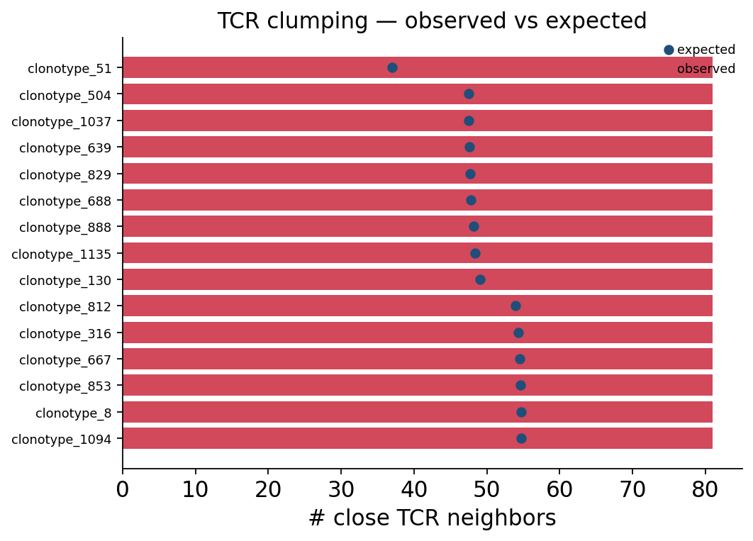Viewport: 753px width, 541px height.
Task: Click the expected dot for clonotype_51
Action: point(392,67)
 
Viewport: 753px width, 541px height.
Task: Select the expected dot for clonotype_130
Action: point(480,280)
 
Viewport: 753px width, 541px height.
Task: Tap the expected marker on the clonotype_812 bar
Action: point(515,306)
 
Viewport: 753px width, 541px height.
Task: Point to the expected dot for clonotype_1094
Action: point(522,439)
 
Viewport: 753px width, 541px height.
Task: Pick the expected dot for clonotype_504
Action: point(469,94)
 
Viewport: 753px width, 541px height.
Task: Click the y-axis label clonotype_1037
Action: point(62,122)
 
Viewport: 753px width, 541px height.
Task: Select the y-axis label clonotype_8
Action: point(74,413)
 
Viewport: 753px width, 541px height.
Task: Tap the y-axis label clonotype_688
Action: point(65,201)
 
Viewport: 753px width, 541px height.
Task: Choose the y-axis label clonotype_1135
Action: point(62,255)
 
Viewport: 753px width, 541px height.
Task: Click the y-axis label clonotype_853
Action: point(65,386)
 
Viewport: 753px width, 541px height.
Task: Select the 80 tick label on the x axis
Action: point(705,490)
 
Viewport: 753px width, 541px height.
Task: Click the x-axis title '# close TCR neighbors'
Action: point(433,518)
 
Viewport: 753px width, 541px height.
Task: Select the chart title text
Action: point(433,21)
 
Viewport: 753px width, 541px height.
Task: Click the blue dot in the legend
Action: point(669,50)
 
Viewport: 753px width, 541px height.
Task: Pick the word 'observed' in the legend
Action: point(706,69)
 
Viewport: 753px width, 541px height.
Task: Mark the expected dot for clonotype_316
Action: point(518,333)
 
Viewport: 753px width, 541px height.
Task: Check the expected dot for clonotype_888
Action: point(474,227)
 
